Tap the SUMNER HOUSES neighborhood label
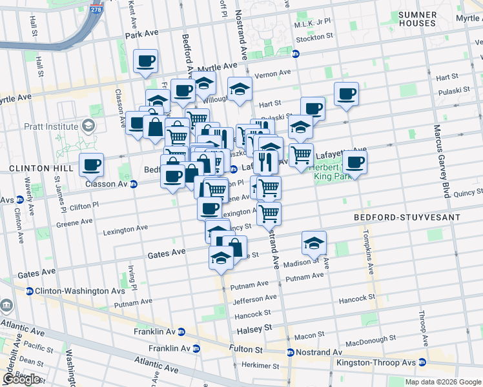417,19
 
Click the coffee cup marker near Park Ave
145,62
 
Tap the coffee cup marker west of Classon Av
92,165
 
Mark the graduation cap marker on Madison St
314,243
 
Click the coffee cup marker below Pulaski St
313,108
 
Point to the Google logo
21,379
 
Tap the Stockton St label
314,38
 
